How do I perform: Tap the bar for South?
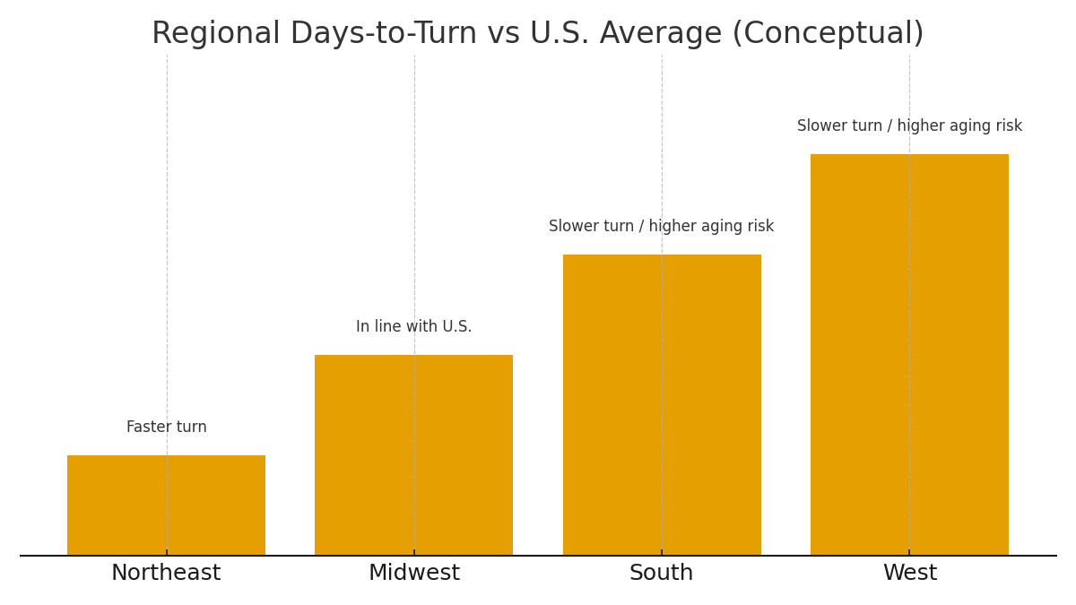[x=662, y=404]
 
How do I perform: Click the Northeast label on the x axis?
[x=166, y=574]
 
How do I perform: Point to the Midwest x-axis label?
[x=414, y=574]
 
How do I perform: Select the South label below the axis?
[x=662, y=574]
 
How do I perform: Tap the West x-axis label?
[x=910, y=574]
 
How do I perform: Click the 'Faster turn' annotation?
[x=167, y=428]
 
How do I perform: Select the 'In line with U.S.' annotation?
[x=414, y=327]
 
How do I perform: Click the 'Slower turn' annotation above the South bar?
[x=662, y=227]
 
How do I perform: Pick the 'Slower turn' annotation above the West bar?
[x=909, y=126]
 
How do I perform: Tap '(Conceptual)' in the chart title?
[x=828, y=34]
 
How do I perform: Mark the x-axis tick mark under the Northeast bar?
[x=167, y=553]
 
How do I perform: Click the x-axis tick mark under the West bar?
[x=909, y=553]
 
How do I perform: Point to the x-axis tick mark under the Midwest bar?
[x=414, y=553]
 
